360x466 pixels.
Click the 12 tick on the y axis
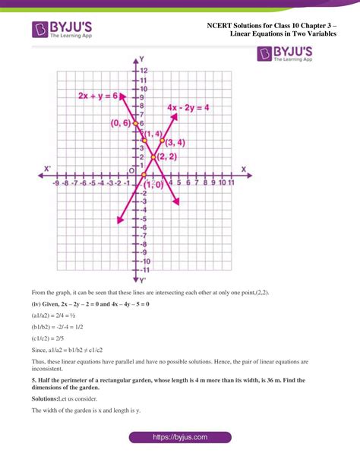click(x=143, y=71)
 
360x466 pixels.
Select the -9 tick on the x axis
click(x=56, y=183)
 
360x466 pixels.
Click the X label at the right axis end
click(x=243, y=169)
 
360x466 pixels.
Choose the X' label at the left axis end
click(x=47, y=169)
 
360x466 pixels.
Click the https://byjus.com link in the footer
click(x=180, y=438)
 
